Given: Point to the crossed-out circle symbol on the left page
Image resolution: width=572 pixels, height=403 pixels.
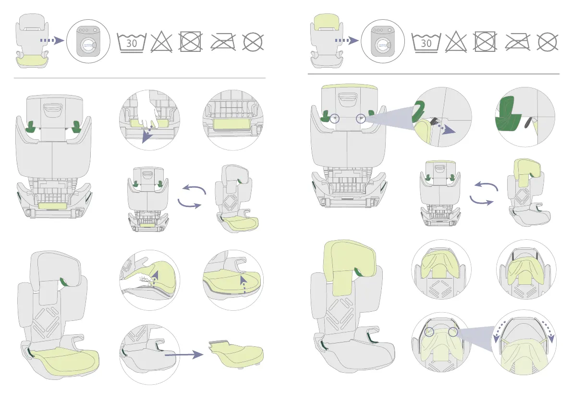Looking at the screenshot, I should (x=254, y=42).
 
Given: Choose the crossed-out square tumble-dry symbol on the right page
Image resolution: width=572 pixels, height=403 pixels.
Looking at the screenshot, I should (x=486, y=42).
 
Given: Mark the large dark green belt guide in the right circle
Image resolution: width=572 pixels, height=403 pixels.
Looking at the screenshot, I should (x=508, y=113).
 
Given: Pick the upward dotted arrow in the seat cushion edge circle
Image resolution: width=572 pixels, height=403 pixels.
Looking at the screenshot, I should (x=243, y=283).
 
